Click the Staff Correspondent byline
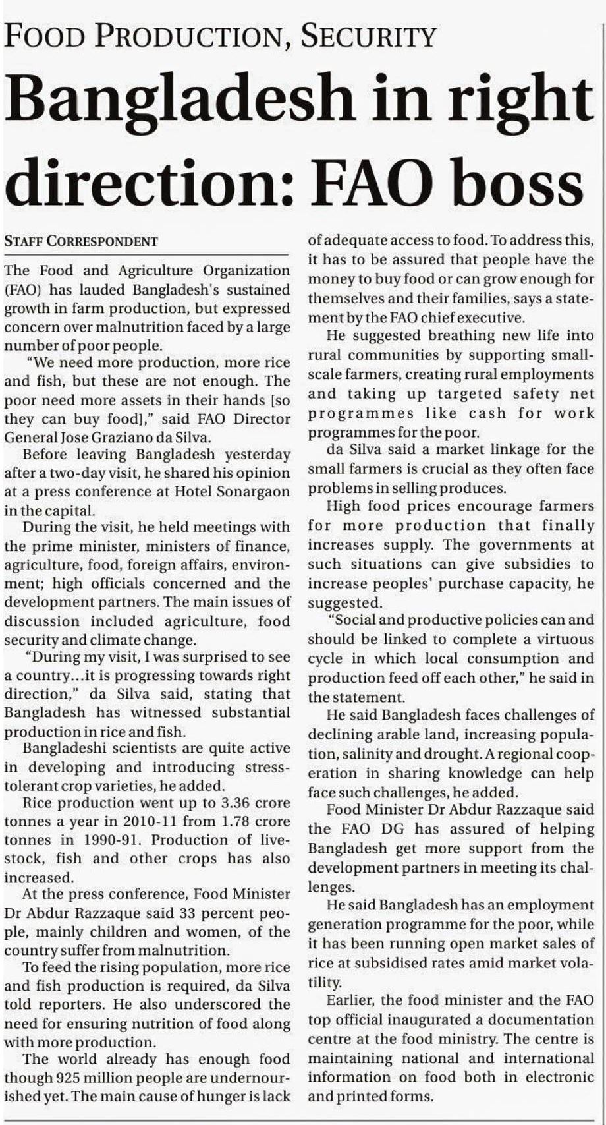(81, 241)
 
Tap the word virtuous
(563, 639)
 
